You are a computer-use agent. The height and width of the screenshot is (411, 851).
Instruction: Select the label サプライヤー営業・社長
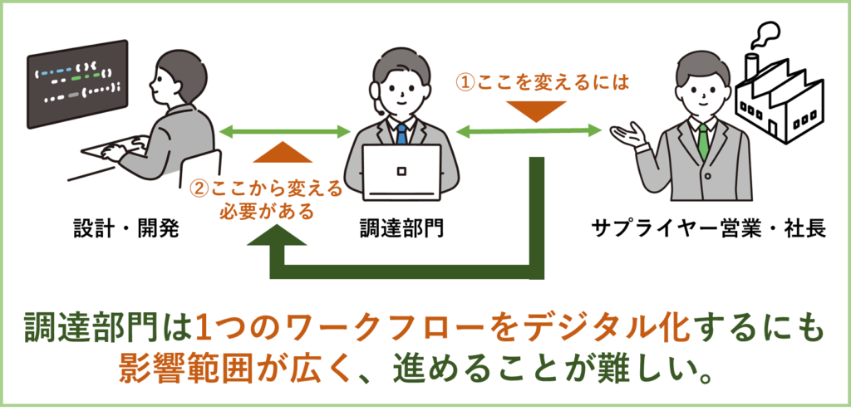(709, 228)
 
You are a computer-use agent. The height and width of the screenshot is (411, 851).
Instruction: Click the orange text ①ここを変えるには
(541, 82)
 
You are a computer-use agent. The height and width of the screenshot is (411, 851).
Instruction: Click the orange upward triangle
(286, 151)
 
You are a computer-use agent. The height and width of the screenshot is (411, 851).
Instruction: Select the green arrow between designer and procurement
(284, 130)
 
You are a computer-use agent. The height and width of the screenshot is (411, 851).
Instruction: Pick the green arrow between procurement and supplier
(529, 130)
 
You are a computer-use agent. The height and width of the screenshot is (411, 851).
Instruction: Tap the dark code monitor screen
(77, 83)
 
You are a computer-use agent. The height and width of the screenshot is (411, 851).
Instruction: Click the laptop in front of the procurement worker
(401, 175)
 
